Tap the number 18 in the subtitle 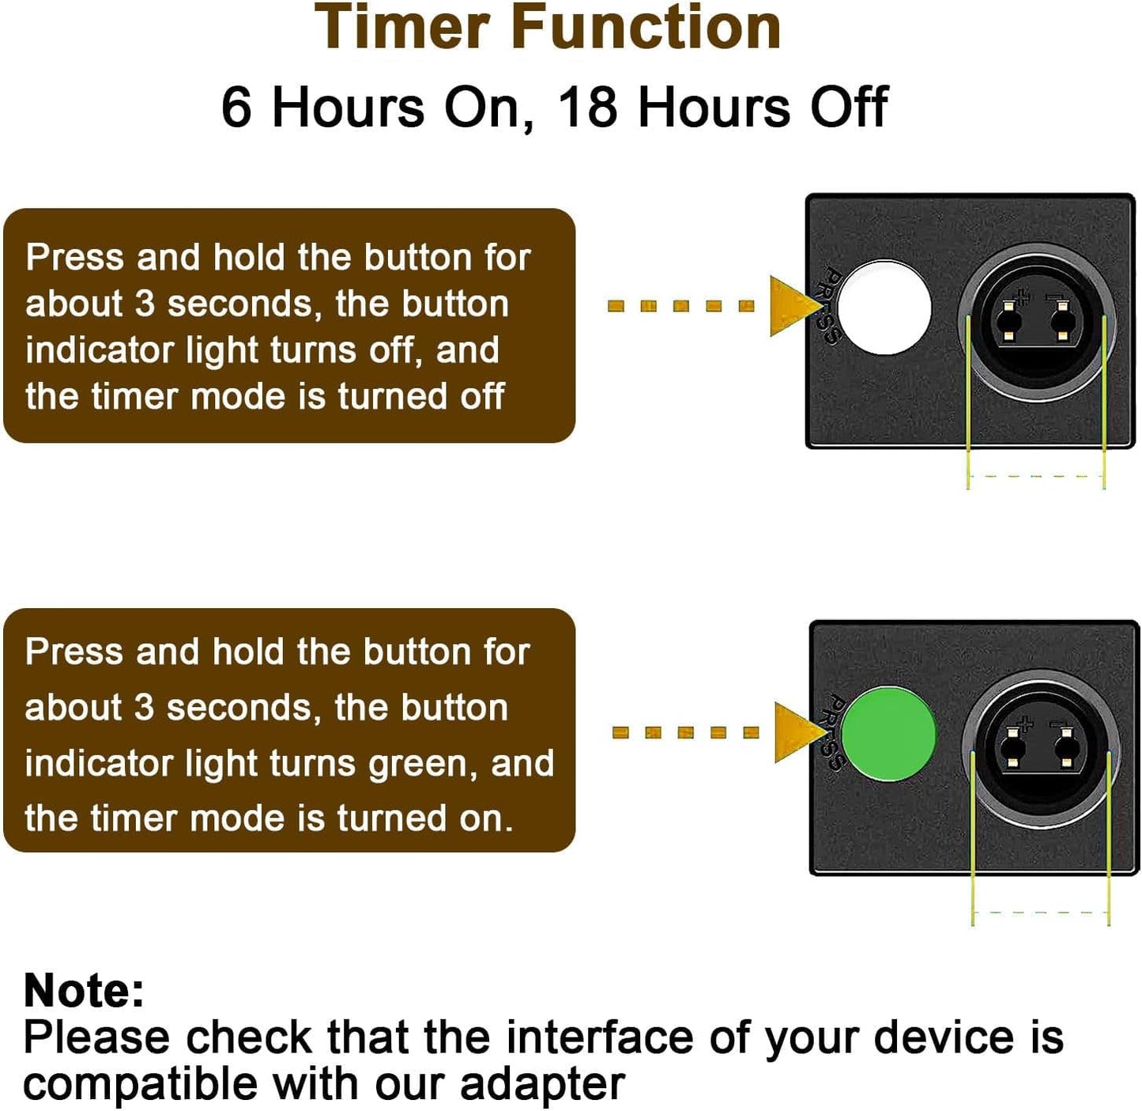(x=587, y=107)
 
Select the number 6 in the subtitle (x=236, y=107)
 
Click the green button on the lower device (x=888, y=734)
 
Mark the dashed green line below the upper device (x=1036, y=476)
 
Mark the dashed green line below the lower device (x=1041, y=913)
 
